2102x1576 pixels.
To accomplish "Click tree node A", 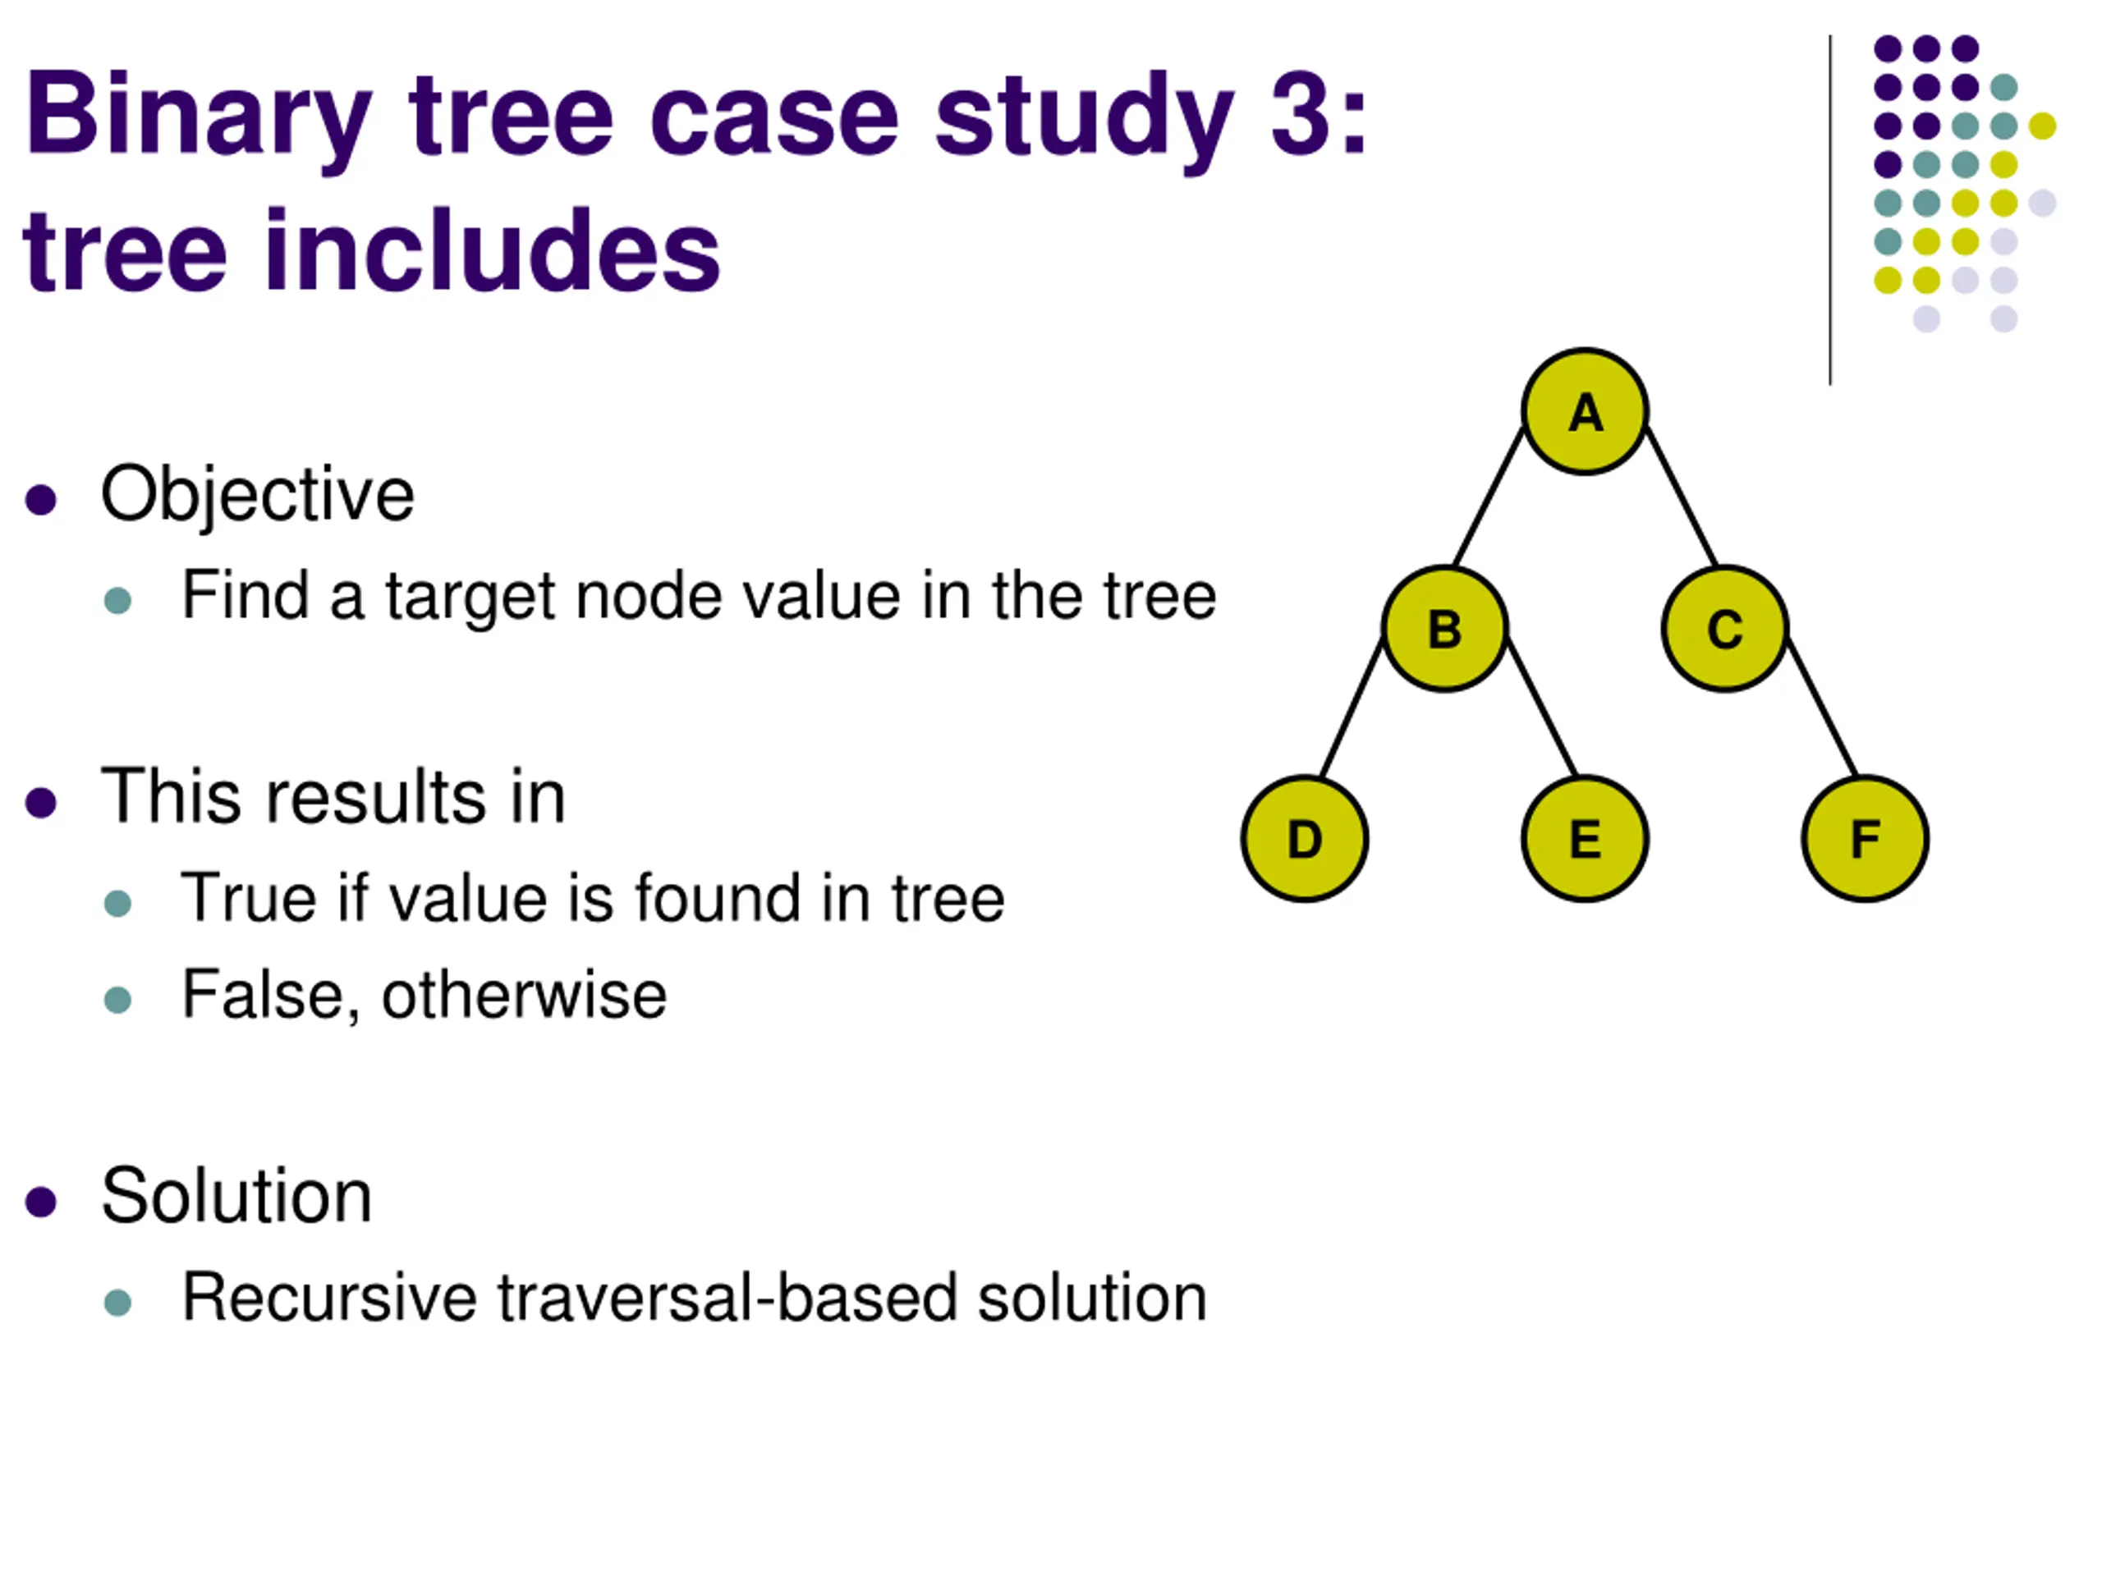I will pos(1584,411).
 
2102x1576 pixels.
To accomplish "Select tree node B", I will pos(1444,628).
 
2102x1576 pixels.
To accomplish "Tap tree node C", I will pos(1725,628).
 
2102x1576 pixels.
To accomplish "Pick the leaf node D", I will pos(1305,839).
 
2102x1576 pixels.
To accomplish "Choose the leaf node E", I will pos(1584,839).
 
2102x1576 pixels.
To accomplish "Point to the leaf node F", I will pos(1865,839).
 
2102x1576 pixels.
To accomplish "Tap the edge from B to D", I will pos(1352,708).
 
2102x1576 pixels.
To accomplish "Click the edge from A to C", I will pos(1681,496).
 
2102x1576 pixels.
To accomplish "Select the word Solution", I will pos(236,1196).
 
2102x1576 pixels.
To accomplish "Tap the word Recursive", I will pos(328,1298).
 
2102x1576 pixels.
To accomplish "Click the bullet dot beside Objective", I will pos(41,499).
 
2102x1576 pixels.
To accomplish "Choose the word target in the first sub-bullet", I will pos(470,598).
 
